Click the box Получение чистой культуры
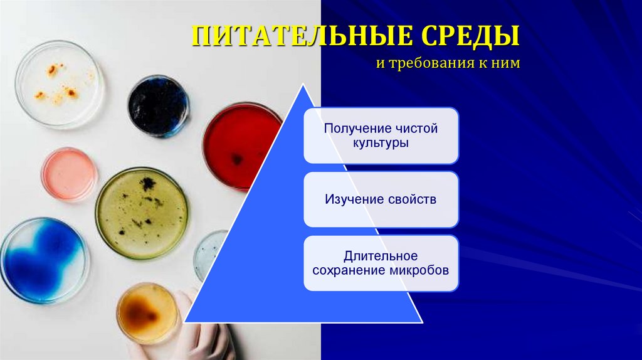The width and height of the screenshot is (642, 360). [x=381, y=135]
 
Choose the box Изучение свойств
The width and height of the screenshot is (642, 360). [x=381, y=199]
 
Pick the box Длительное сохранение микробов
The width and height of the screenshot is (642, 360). [x=381, y=263]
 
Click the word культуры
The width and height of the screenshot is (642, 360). [x=381, y=143]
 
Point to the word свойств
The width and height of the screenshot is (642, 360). [x=411, y=199]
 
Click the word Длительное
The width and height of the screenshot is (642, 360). [x=381, y=256]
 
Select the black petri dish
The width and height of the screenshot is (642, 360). [x=158, y=105]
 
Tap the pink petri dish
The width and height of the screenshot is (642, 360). [x=69, y=174]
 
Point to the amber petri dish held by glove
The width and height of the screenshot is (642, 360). [x=147, y=313]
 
